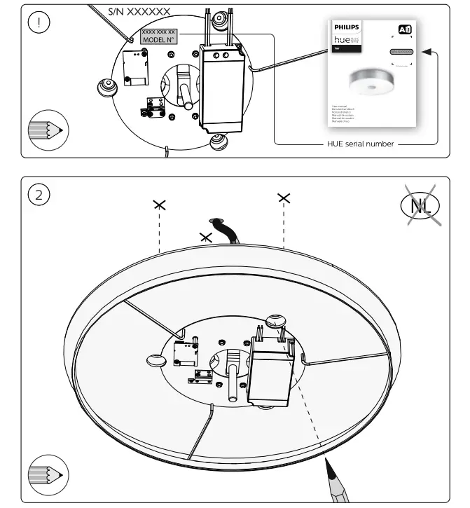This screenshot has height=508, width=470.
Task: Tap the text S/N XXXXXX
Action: pos(139,12)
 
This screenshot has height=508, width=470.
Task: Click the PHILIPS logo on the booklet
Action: pos(345,27)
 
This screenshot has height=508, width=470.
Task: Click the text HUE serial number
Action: pos(361,144)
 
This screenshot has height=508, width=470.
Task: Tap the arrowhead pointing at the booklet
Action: pos(428,51)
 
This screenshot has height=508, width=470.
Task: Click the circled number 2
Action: pos(39,194)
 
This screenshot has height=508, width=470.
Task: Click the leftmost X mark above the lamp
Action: pos(160,205)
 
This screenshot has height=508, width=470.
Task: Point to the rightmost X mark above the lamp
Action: pos(284,198)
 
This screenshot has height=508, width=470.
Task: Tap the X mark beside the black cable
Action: pos(206,237)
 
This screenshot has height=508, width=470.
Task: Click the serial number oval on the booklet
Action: pos(401,53)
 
